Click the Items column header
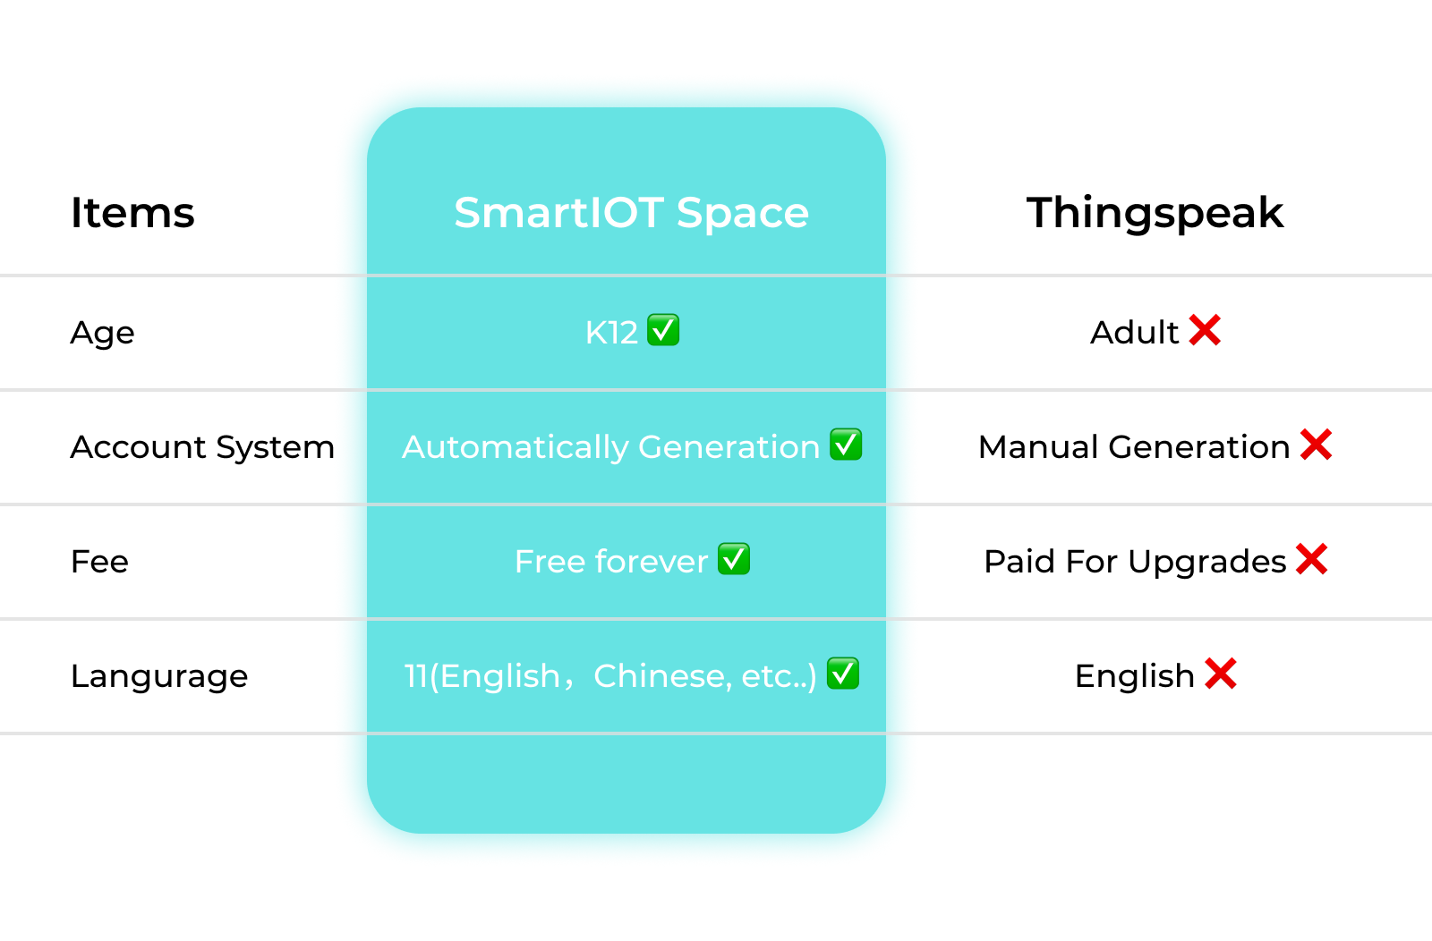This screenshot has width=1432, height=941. pyautogui.click(x=132, y=213)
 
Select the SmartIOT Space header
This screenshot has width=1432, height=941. pyautogui.click(x=631, y=214)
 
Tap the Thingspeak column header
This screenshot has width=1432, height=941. pyautogui.click(x=1155, y=214)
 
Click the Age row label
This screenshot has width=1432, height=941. pyautogui.click(x=102, y=333)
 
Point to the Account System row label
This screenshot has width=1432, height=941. pyautogui.click(x=202, y=447)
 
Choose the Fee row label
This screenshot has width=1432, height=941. pyautogui.click(x=99, y=562)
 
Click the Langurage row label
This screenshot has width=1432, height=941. pyautogui.click(x=159, y=676)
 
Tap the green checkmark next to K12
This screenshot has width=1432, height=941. pyautogui.click(x=663, y=330)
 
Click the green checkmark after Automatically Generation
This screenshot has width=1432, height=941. pyautogui.click(x=846, y=445)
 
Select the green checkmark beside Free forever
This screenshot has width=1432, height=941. pyautogui.click(x=734, y=559)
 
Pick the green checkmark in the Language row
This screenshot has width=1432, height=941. pyautogui.click(x=842, y=674)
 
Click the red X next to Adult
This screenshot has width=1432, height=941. pyautogui.click(x=1205, y=330)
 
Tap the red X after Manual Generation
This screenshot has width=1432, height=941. pyautogui.click(x=1317, y=445)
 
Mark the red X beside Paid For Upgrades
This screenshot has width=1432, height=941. pyautogui.click(x=1312, y=559)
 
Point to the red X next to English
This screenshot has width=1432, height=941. pyautogui.click(x=1221, y=674)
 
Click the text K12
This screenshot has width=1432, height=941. pyautogui.click(x=612, y=333)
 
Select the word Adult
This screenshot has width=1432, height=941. pyautogui.click(x=1135, y=332)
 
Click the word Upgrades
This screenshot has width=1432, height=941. pyautogui.click(x=1207, y=563)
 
